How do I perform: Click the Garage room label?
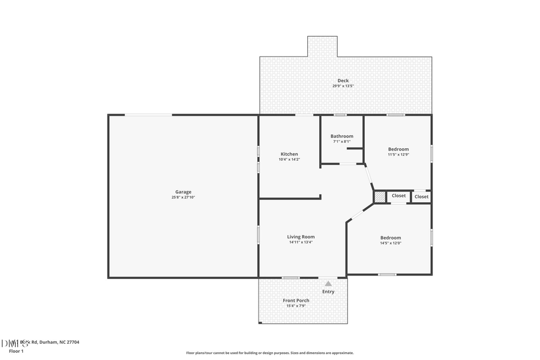point(183,192)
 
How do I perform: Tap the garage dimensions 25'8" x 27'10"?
point(183,197)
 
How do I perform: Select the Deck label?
point(343,80)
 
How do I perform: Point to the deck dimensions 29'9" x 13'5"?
point(343,86)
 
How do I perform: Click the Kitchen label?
point(289,154)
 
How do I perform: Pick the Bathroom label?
point(341,136)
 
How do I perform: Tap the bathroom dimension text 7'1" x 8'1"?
point(341,142)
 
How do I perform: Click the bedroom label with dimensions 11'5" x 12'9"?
point(398,149)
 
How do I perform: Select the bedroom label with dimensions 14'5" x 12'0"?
point(390,238)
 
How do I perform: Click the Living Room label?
point(301,236)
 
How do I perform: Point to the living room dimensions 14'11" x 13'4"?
point(301,242)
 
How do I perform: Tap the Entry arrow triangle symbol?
point(328,284)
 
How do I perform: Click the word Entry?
point(328,292)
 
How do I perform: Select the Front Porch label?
point(296,301)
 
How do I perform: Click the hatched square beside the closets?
point(379,197)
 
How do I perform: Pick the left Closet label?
point(398,196)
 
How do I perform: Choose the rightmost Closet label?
point(421,197)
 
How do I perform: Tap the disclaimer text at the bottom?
point(269,353)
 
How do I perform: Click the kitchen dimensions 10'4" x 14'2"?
point(289,160)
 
